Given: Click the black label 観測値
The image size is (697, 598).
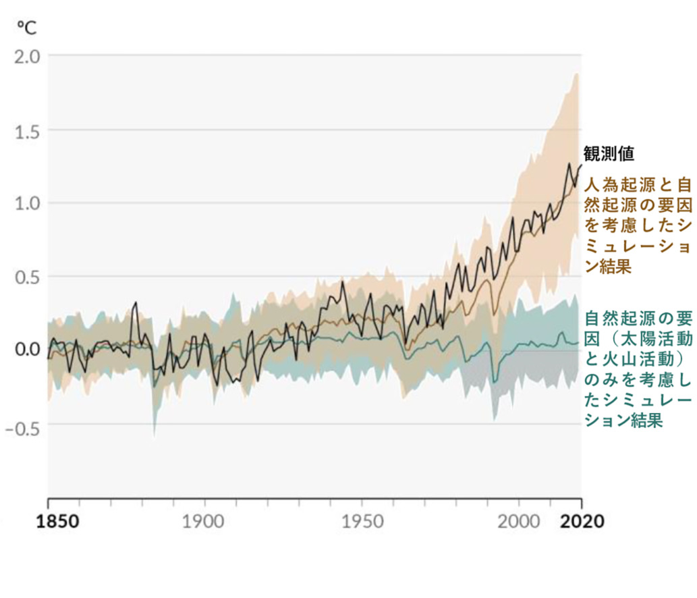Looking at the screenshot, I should point(609,153).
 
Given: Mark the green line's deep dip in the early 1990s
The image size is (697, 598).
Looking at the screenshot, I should point(495,381).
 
